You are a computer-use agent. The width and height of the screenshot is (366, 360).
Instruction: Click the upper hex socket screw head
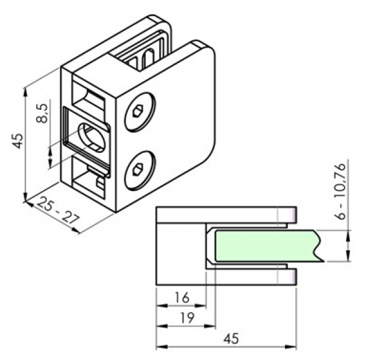[x=140, y=112]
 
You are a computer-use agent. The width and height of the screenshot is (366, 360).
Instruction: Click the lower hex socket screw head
[x=140, y=170]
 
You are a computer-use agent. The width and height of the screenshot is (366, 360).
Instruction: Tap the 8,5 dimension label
[x=42, y=114]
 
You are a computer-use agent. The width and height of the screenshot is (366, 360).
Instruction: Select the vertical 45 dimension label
[x=18, y=140]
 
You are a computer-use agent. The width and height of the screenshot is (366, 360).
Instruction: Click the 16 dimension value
[x=182, y=298]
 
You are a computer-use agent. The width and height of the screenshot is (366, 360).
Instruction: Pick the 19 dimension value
[x=188, y=318]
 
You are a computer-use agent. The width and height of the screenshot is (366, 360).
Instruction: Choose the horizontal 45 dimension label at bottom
[x=231, y=339]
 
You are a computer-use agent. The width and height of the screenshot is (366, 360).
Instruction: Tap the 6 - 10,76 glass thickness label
[x=340, y=192]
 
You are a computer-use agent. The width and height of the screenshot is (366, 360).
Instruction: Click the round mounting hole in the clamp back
[x=92, y=138]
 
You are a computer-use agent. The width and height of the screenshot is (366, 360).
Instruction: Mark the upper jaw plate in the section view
[x=226, y=215]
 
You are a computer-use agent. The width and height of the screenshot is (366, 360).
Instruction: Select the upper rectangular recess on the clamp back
[x=89, y=98]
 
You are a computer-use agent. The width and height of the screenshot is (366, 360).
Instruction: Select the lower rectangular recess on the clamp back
[x=89, y=178]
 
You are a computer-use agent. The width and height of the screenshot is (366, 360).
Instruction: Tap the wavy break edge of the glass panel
[x=318, y=246]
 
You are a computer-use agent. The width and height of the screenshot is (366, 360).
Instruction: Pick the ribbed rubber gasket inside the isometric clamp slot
[x=142, y=52]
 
